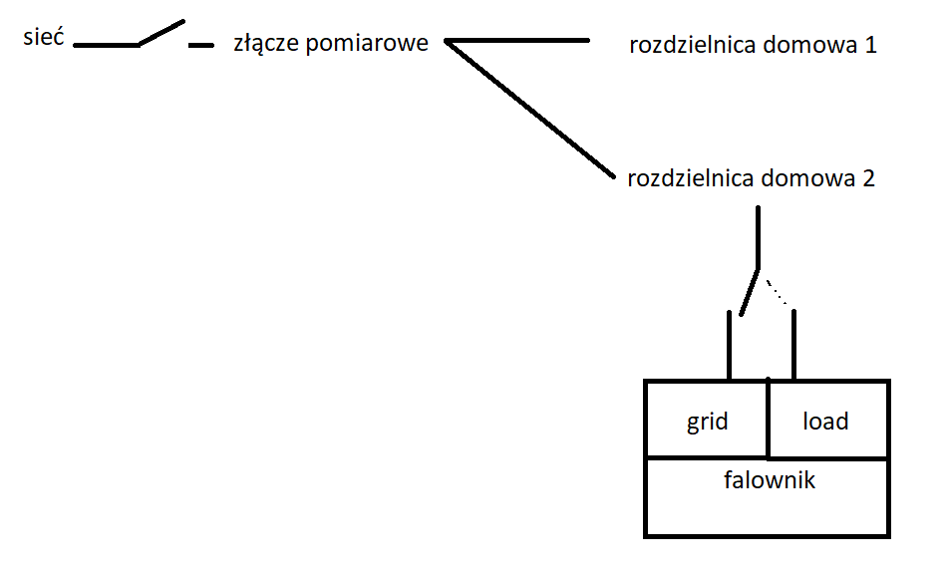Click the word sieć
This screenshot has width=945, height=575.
point(44,37)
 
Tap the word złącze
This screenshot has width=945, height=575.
point(266,43)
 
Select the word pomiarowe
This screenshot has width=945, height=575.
point(367,44)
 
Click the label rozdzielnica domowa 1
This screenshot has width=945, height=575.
point(753,45)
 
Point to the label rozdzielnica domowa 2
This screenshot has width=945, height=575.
point(751,178)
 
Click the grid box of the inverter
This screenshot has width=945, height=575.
point(707,420)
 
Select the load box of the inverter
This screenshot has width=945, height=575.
point(828,420)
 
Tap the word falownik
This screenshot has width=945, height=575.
point(770,480)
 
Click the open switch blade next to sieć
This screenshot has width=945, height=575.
point(161,33)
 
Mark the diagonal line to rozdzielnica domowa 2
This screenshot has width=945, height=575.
point(530,109)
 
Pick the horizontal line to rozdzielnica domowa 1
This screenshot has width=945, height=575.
point(517,41)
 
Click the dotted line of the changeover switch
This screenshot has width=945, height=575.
point(777,292)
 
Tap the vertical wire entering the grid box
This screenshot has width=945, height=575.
point(730,345)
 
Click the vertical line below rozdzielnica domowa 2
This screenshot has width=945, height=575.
point(758,237)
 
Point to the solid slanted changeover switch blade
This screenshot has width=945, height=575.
point(750,292)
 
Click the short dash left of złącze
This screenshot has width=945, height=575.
point(201,45)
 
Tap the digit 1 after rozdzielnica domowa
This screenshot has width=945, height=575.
point(871,45)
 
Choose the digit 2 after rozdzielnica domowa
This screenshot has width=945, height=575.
point(868,178)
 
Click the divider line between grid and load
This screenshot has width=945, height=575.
point(768,418)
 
